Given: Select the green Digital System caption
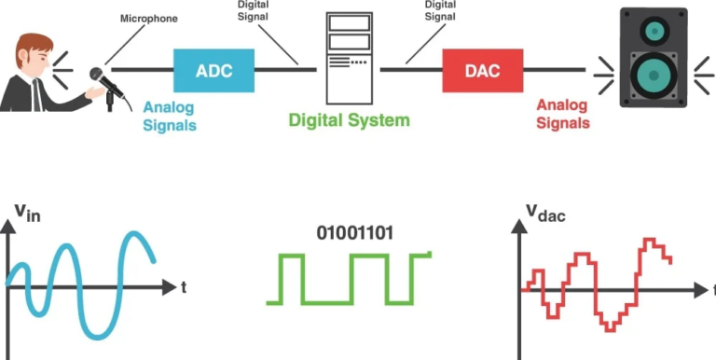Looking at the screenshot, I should [349, 119].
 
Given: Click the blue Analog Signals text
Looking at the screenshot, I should [170, 117].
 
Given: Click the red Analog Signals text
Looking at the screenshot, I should [563, 115].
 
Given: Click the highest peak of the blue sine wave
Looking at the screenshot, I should [134, 233].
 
